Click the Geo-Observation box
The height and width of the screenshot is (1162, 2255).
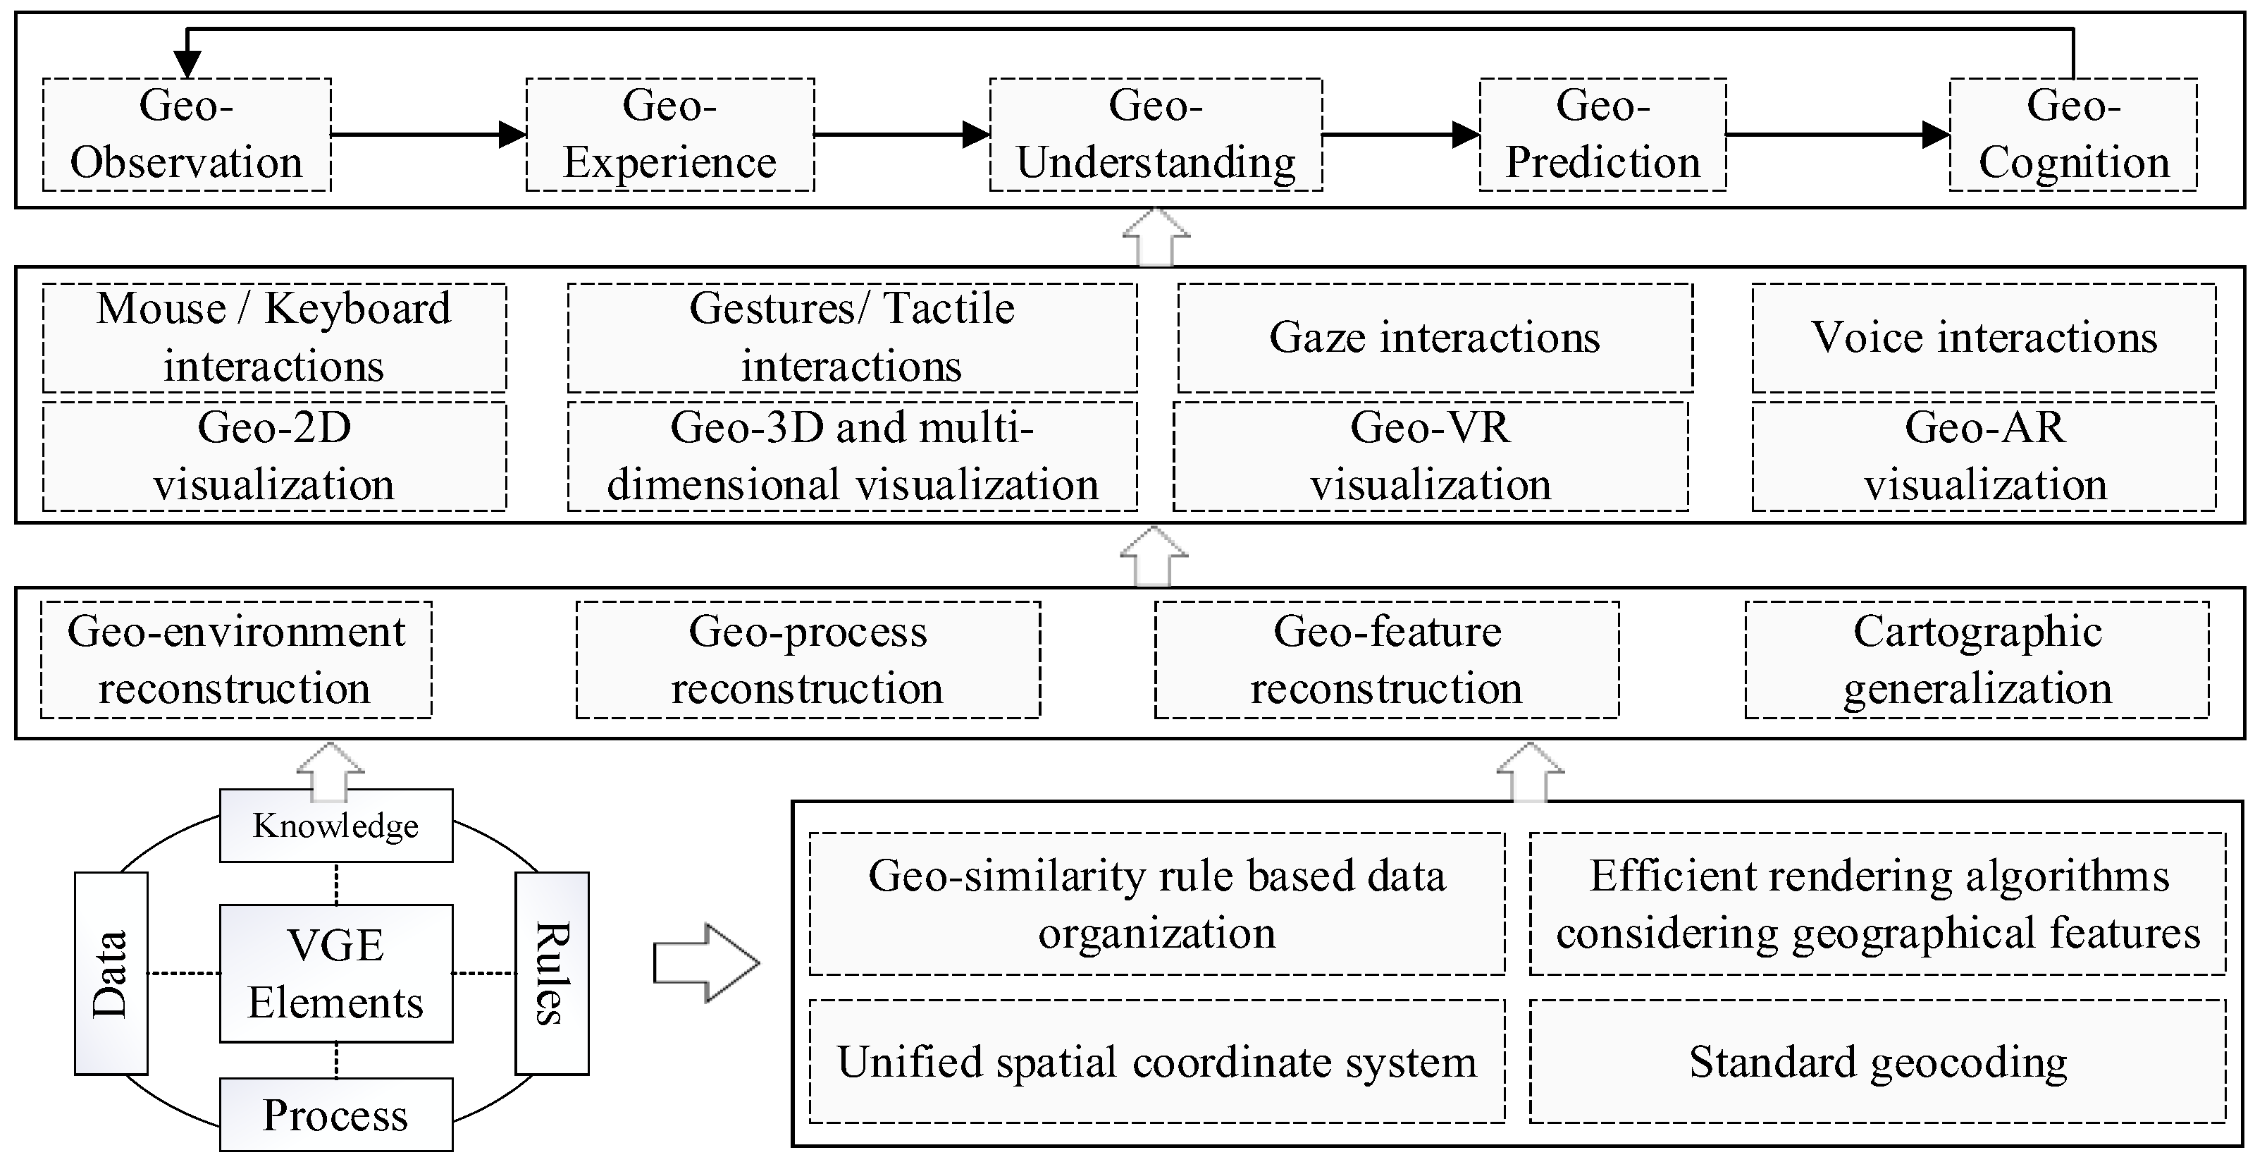tap(187, 135)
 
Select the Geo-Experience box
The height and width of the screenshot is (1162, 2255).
tap(669, 135)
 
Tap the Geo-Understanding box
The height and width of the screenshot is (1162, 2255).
tap(1156, 135)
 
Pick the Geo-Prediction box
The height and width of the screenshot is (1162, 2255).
tap(1602, 135)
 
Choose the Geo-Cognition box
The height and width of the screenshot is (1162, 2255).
tap(2073, 135)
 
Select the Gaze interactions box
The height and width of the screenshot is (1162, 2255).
tap(1435, 338)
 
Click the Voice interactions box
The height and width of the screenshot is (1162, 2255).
tap(1984, 338)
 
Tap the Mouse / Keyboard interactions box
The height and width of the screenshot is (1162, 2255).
tap(274, 338)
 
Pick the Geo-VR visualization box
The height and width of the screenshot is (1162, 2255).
tap(1431, 456)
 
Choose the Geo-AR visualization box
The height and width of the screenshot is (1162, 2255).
tap(1984, 456)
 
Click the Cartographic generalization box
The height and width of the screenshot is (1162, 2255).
tap(1977, 660)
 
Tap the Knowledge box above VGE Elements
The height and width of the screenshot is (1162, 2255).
tap(335, 826)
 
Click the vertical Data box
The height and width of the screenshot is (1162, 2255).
tap(111, 973)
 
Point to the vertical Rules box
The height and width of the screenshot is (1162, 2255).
tap(552, 973)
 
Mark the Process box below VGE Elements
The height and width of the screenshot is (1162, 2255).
tap(335, 1115)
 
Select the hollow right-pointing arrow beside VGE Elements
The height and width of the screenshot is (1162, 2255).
tap(705, 962)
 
